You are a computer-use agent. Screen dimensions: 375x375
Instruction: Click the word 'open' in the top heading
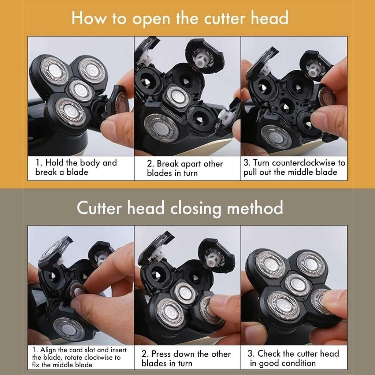pos(151,19)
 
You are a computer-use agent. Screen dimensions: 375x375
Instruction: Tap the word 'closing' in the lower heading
pos(196,208)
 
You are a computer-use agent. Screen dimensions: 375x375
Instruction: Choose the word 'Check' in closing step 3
pos(269,353)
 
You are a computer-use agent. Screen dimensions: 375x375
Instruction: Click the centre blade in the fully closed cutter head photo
pos(298,285)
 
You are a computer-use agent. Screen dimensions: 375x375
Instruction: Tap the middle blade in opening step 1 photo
pos(81,91)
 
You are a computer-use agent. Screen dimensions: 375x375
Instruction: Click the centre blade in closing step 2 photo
pos(185,293)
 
